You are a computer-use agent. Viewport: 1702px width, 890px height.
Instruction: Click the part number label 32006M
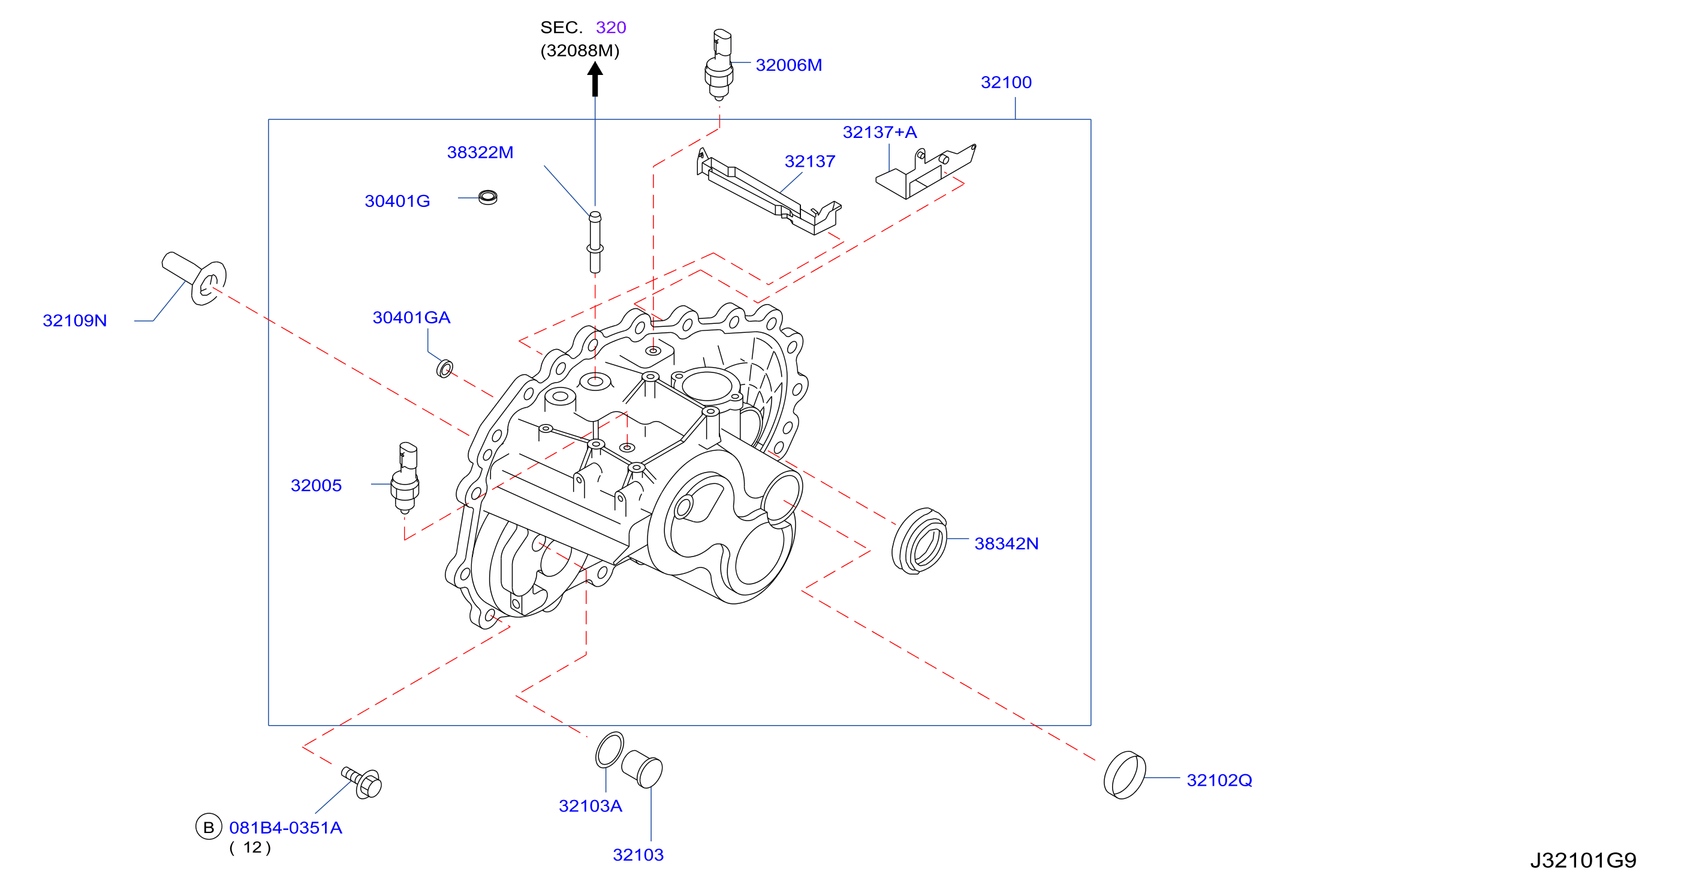click(788, 65)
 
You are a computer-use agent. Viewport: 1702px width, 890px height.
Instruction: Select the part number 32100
click(1005, 82)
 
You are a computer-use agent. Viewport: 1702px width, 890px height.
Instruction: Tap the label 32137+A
click(879, 132)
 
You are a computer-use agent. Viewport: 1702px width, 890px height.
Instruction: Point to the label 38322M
click(480, 152)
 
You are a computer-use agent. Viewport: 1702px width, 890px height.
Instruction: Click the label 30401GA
click(411, 317)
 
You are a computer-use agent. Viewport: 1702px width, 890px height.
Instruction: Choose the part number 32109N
click(75, 320)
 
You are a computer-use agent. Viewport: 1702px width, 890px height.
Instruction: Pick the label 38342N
click(1006, 543)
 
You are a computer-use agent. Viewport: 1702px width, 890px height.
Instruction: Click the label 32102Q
click(1219, 780)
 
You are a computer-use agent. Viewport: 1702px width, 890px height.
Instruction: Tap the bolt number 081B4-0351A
click(285, 827)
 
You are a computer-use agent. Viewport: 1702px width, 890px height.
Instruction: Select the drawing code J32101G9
click(1583, 860)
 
